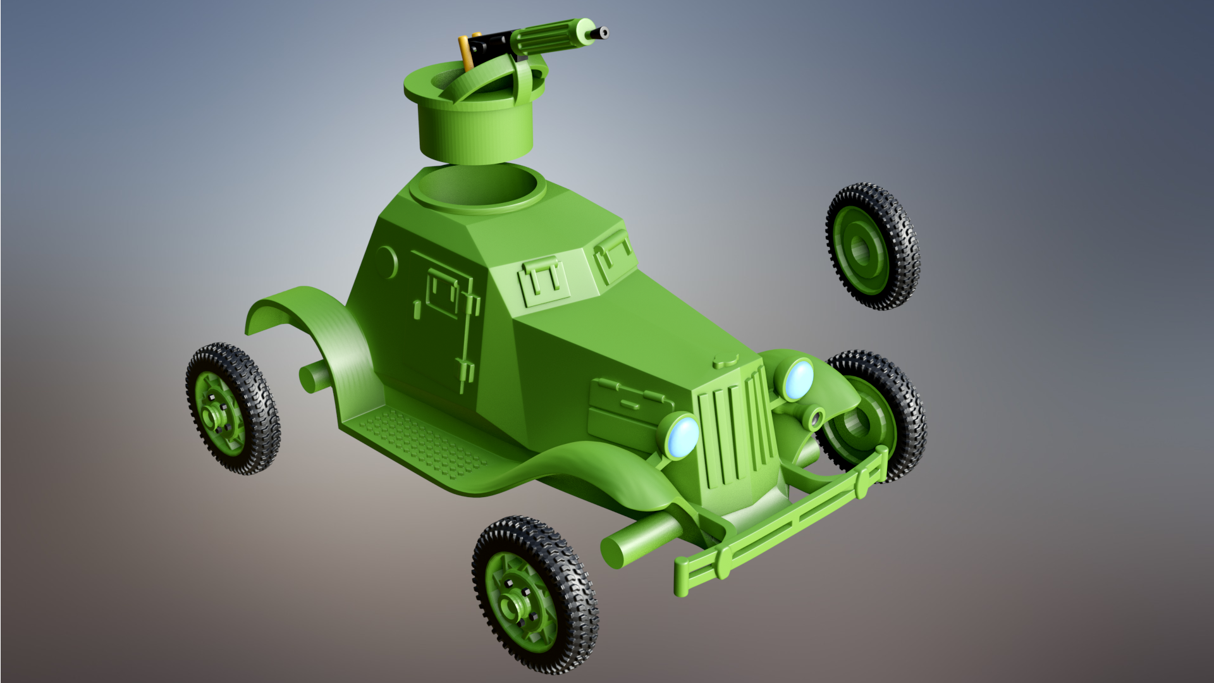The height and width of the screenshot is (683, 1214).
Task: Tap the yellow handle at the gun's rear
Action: tap(465, 54)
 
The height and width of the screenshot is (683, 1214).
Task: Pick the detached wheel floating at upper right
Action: tap(872, 247)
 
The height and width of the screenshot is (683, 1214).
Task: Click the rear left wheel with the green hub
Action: tap(231, 409)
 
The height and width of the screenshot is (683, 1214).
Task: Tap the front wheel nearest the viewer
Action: tap(534, 594)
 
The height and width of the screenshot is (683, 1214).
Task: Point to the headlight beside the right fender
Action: tap(797, 379)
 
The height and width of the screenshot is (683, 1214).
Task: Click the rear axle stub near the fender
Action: tap(314, 378)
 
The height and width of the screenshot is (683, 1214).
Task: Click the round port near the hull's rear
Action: tap(386, 261)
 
